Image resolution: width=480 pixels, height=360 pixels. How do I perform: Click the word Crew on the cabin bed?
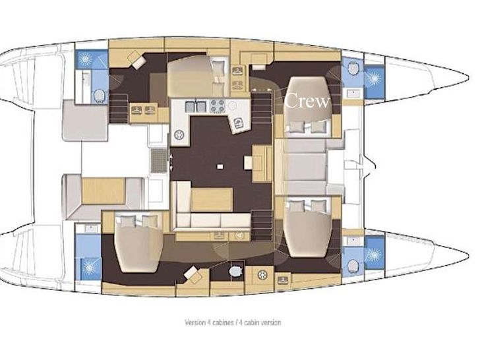click(x=307, y=101)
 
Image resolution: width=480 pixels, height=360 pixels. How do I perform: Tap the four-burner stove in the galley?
click(x=218, y=106)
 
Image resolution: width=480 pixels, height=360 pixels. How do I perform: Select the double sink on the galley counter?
click(x=195, y=107)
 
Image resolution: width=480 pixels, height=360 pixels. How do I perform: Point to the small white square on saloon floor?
click(x=220, y=167)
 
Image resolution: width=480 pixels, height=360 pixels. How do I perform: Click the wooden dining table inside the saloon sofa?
click(x=212, y=199)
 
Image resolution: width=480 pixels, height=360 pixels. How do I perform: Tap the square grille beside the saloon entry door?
click(x=159, y=161)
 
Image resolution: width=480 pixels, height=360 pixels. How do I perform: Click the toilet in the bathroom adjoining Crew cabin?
click(x=353, y=68)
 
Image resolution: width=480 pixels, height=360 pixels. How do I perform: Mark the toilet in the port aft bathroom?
click(x=100, y=96)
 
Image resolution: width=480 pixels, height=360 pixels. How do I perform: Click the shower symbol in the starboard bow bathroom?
click(x=373, y=255)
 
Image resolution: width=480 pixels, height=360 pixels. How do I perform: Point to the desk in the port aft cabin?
click(x=136, y=60)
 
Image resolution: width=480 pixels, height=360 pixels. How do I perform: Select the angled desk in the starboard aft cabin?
click(x=193, y=275)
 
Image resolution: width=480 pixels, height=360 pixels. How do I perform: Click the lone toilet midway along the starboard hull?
click(x=236, y=271)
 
